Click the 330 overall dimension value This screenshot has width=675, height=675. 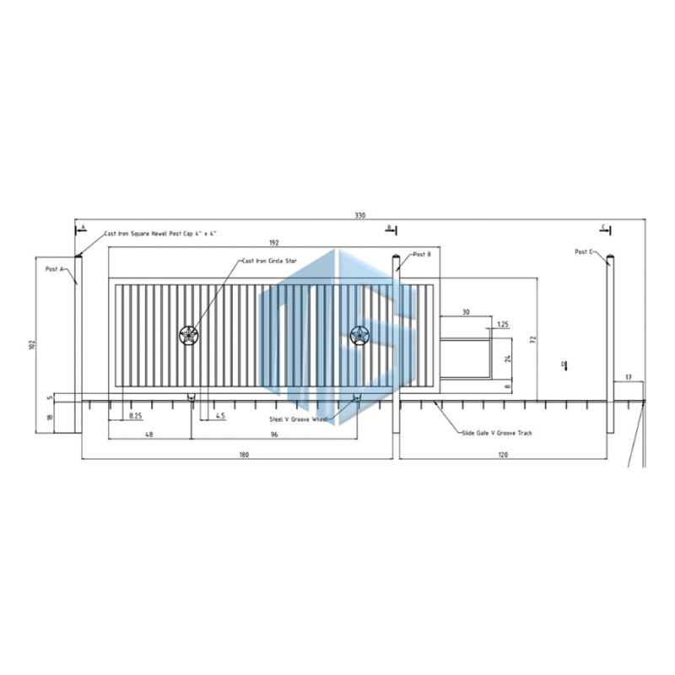[x=360, y=216]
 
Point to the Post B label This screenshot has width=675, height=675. [x=422, y=254]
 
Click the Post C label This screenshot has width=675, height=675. [x=585, y=251]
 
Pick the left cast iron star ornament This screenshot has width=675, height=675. [x=188, y=336]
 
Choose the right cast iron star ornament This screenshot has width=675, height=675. [x=359, y=336]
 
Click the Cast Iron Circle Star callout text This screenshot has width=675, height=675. [x=270, y=261]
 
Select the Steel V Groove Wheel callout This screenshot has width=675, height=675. [x=298, y=418]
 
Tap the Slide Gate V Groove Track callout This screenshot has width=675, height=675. [x=497, y=432]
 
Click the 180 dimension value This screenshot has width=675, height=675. [x=244, y=455]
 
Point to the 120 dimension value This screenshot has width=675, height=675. [x=503, y=455]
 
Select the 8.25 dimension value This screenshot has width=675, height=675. [x=135, y=416]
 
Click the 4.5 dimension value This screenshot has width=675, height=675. [x=220, y=416]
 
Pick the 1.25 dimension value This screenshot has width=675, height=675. [x=503, y=324]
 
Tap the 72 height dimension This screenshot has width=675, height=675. [x=532, y=339]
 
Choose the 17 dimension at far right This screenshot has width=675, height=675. [x=629, y=376]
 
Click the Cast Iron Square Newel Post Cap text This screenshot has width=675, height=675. [x=160, y=233]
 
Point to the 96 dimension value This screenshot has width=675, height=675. [x=274, y=435]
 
